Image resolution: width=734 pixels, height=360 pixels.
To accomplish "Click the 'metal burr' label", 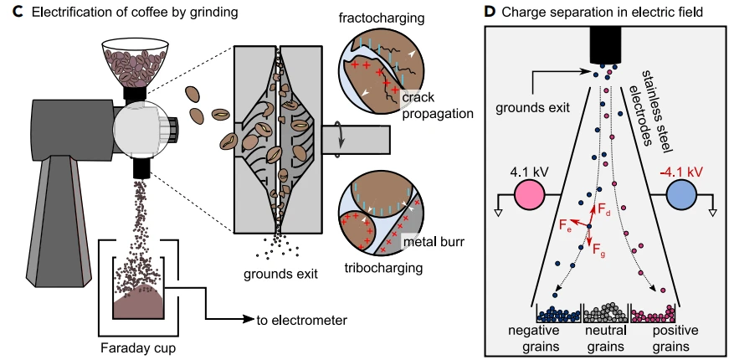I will tap(432, 243).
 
